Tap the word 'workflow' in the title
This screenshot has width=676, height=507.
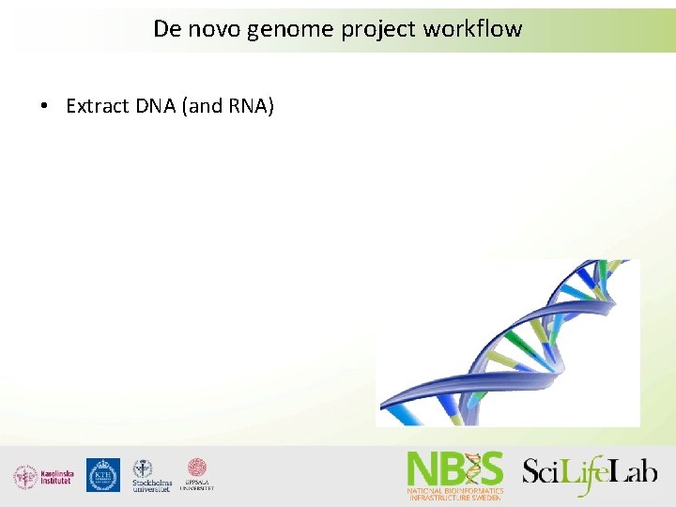tap(472, 29)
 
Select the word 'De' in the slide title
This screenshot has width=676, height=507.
tap(166, 29)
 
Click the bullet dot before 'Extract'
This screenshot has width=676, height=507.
tap(45, 106)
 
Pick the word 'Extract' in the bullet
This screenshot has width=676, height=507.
tap(97, 106)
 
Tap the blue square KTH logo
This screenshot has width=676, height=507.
tap(102, 475)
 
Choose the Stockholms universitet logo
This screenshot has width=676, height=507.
tap(151, 476)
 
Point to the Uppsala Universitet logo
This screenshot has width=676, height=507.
tap(197, 475)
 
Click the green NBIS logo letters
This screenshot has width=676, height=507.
tap(454, 469)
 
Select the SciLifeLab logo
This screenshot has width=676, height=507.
tap(590, 472)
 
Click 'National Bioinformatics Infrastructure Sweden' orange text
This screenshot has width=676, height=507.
tap(454, 494)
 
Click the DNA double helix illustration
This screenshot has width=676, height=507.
tap(508, 343)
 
